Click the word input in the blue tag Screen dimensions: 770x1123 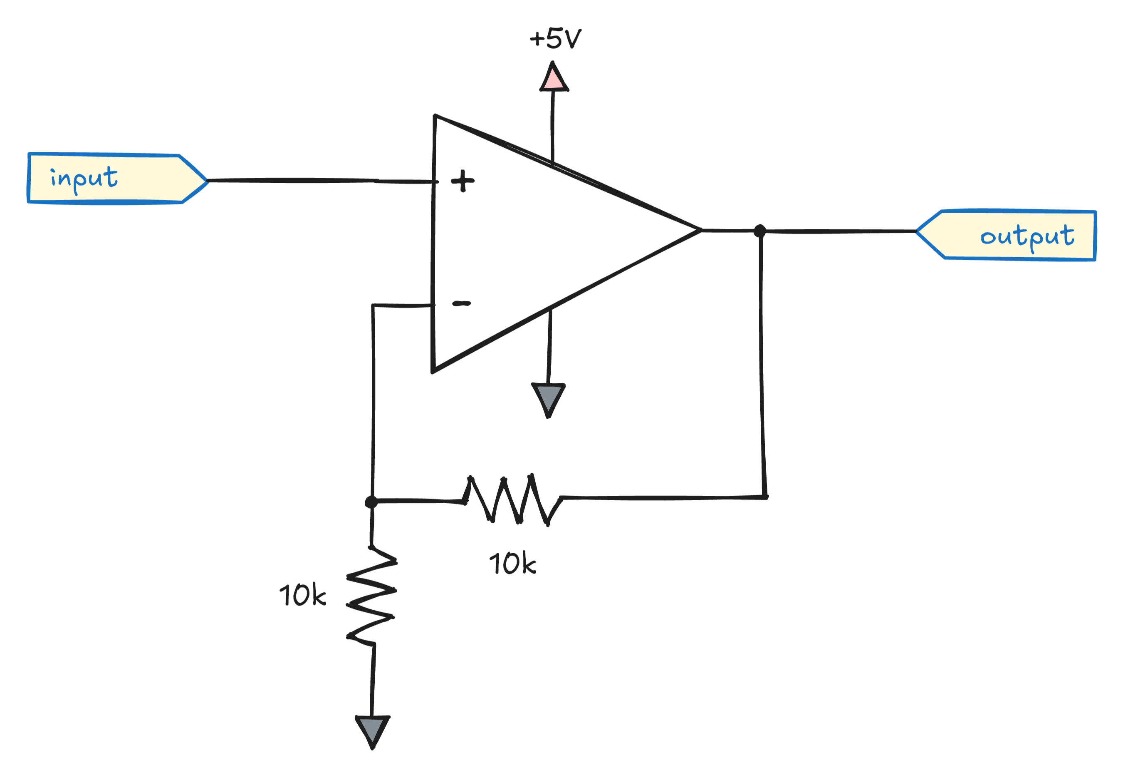click(84, 179)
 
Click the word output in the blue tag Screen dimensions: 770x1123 click(1027, 236)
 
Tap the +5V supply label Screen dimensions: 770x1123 click(556, 39)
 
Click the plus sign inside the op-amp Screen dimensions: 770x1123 click(463, 181)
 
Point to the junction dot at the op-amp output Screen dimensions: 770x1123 click(759, 231)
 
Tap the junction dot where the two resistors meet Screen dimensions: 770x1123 click(371, 502)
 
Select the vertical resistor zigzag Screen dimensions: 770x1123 click(371, 596)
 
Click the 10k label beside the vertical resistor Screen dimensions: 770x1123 click(302, 595)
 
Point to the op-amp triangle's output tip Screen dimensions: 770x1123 click(699, 231)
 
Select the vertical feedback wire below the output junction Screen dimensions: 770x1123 click(762, 363)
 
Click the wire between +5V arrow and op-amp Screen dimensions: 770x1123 click(552, 126)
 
